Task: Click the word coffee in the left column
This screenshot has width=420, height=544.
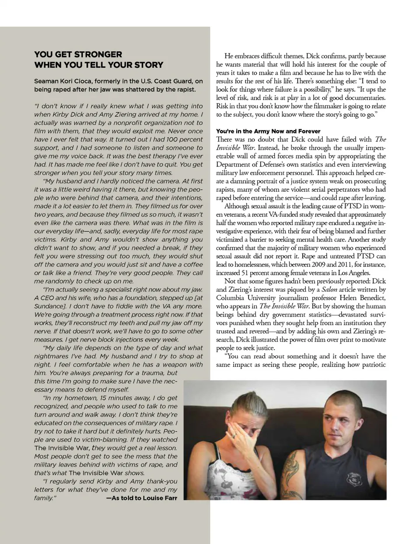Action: [193, 264]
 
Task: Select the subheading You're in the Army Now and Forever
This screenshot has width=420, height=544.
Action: [268, 131]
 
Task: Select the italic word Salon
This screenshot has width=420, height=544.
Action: [329, 289]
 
